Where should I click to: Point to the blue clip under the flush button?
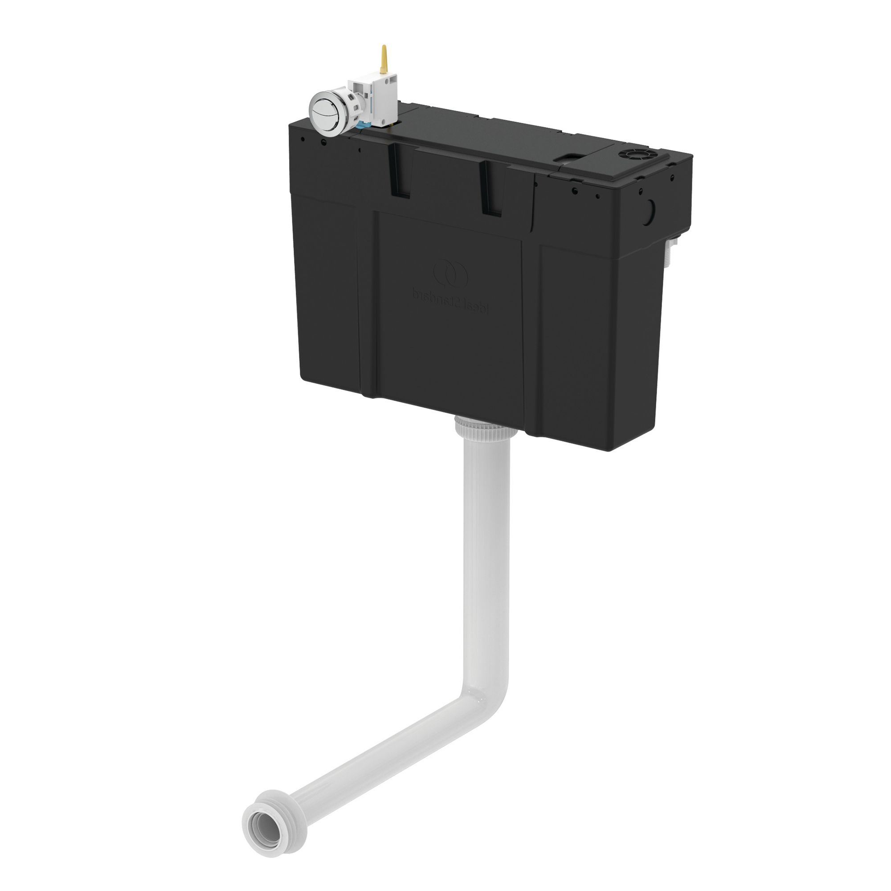coord(364,124)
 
